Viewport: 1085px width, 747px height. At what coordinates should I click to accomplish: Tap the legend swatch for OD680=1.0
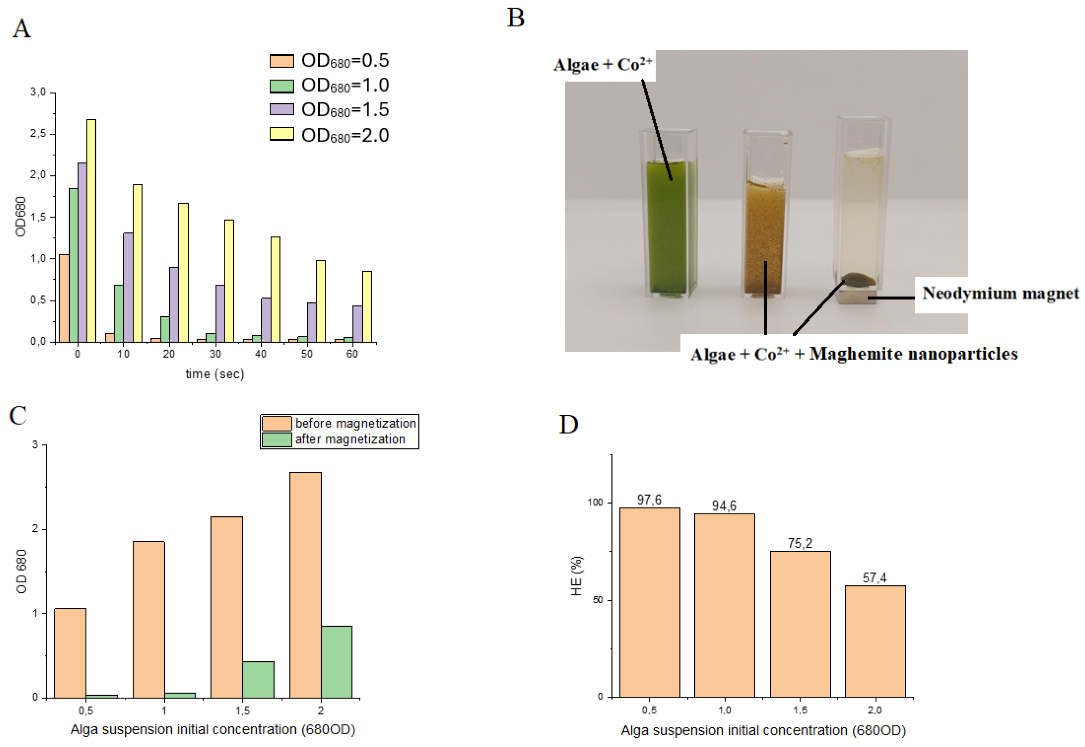click(x=282, y=86)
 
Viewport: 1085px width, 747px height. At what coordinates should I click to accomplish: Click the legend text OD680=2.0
click(x=345, y=135)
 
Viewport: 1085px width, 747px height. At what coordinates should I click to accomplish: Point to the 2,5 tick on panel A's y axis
click(x=38, y=134)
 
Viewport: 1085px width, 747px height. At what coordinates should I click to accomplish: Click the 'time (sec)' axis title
click(x=215, y=374)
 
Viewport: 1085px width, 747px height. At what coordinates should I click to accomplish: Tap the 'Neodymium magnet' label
click(x=1000, y=293)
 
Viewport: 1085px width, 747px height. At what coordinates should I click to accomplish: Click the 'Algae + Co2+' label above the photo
click(x=602, y=65)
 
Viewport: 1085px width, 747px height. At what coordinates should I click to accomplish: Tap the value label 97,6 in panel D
click(x=649, y=500)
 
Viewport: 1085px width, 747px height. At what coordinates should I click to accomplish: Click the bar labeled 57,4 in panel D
click(x=875, y=641)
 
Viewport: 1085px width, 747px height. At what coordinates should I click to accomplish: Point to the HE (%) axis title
click(x=576, y=576)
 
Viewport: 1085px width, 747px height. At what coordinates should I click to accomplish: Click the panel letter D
click(x=568, y=424)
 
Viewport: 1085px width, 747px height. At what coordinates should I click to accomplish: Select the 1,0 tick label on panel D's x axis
click(x=724, y=710)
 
